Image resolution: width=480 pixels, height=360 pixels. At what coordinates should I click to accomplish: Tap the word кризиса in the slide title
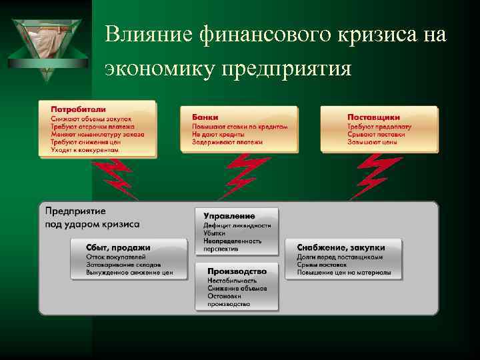click(381, 35)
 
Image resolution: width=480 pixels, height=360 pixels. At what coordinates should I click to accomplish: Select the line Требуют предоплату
click(379, 126)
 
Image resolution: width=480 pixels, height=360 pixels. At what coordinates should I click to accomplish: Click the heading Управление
click(229, 216)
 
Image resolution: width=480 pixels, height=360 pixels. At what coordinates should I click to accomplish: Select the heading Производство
click(237, 271)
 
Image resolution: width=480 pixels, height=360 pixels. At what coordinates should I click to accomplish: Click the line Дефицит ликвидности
click(237, 225)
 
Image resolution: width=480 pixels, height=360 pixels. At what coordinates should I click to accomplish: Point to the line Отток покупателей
click(115, 257)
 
